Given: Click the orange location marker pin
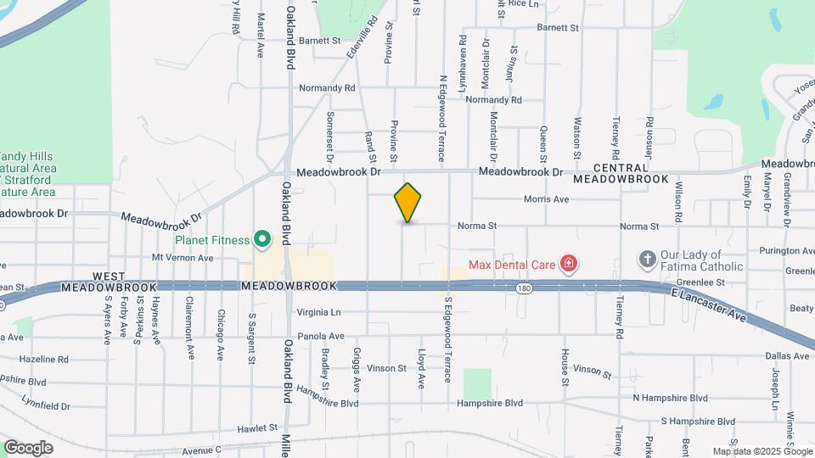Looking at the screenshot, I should [407, 203].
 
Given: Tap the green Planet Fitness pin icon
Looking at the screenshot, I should [262, 241].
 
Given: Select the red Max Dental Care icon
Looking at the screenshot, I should [568, 265].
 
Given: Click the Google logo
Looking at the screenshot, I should [28, 448].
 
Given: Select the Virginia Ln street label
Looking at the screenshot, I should [318, 312].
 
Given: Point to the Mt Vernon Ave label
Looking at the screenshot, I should [182, 258].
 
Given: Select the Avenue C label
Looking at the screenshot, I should [200, 450].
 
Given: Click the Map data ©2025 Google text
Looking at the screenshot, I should [761, 451].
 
